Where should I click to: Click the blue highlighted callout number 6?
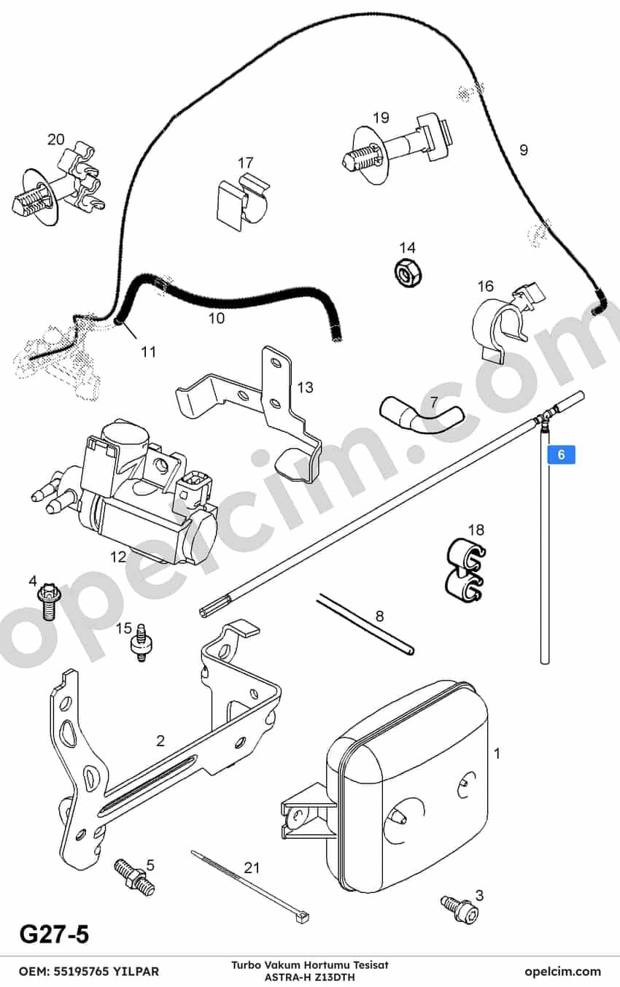point(561,454)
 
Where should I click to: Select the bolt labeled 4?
point(47,601)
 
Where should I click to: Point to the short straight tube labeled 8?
point(365,624)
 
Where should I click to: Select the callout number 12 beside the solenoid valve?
point(118,557)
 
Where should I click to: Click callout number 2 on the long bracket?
point(160,740)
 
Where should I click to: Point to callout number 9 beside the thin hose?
point(524,150)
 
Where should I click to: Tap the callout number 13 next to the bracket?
point(305,387)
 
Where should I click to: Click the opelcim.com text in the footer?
point(562,972)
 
